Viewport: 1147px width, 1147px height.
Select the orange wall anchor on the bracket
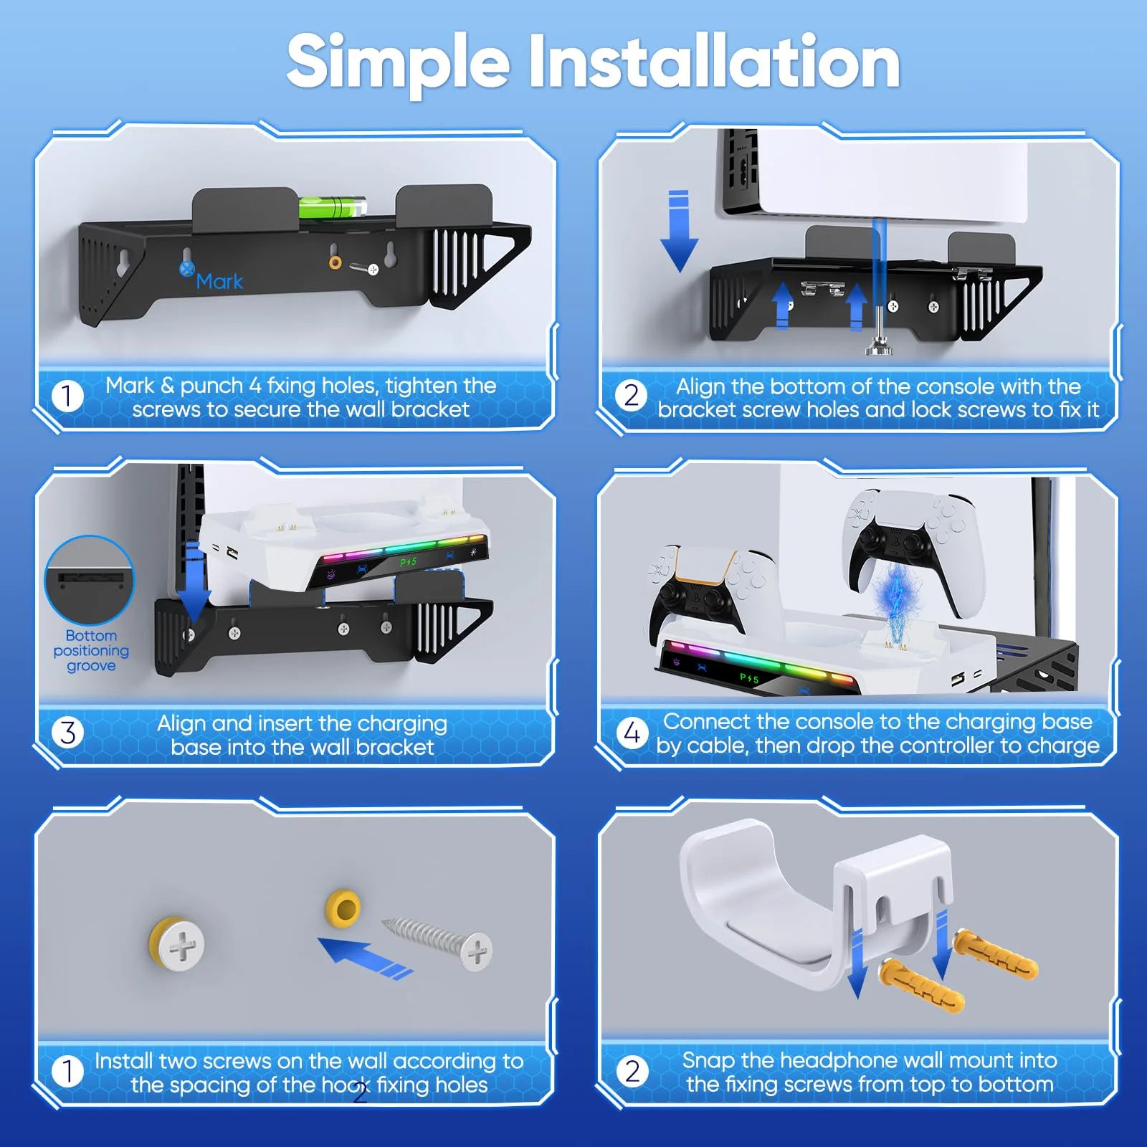[x=335, y=262]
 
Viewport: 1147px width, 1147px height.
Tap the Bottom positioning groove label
[x=91, y=651]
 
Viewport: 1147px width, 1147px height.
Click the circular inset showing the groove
[x=90, y=579]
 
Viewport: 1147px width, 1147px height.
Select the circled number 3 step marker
[x=67, y=733]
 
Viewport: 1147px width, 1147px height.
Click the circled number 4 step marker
[x=632, y=733]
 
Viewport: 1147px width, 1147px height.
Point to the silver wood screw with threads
[x=437, y=943]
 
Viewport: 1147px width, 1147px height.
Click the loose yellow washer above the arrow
[x=343, y=909]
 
